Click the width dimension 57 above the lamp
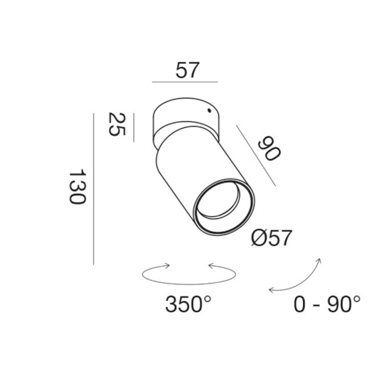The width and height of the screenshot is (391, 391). tap(188, 70)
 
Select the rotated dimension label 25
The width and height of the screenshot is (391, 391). tap(117, 124)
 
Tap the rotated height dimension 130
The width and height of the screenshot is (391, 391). tap(77, 188)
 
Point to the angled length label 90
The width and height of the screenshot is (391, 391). tap(269, 148)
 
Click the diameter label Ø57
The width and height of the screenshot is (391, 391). tap(272, 238)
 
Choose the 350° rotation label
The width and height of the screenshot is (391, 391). tap(188, 304)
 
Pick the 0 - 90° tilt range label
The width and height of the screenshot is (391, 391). tap(327, 304)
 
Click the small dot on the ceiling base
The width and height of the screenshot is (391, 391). tap(209, 110)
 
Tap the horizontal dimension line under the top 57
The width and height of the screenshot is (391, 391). tap(185, 82)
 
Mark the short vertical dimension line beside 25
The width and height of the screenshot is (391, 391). tap(134, 128)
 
